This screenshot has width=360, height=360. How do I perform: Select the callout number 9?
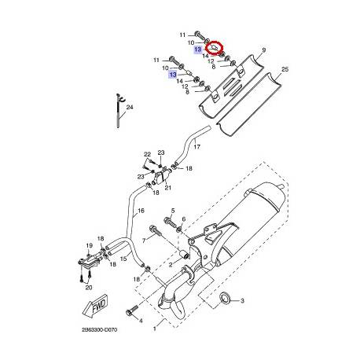coord(263,50)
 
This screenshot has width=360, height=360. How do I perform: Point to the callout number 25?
coord(284,70)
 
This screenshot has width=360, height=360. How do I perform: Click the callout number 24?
coord(130,107)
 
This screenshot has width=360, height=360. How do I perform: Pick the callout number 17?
coord(197,147)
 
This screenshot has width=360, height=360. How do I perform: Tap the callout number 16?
coord(141,211)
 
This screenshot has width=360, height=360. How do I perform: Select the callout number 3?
coord(242,301)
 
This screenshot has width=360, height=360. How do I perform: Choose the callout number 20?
coord(88,287)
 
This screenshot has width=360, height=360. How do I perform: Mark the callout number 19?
coord(89,245)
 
